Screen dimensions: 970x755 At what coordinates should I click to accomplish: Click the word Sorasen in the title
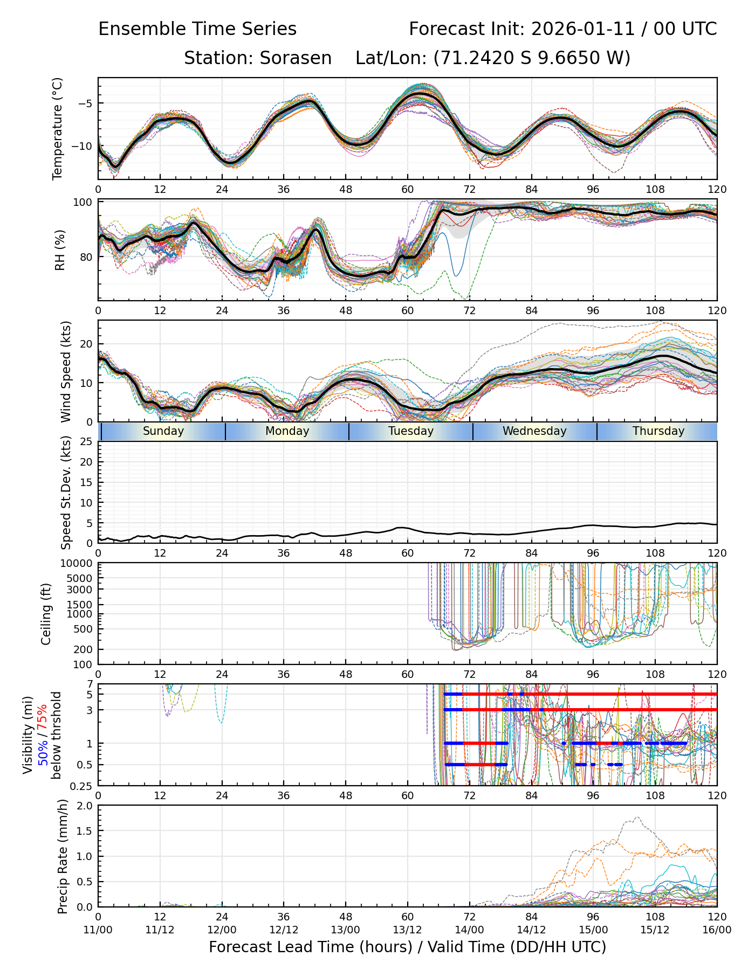[296, 58]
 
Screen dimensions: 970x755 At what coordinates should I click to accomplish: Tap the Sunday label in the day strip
[163, 431]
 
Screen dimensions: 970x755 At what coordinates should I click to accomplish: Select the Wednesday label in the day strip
[534, 431]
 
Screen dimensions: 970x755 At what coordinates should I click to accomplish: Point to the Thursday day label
[658, 431]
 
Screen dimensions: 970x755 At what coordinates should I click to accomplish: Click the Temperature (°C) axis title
[58, 128]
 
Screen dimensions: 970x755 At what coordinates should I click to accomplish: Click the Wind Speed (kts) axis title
[66, 371]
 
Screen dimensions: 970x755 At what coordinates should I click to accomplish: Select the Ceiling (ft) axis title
[46, 614]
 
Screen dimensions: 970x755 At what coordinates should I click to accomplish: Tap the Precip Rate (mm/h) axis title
[63, 856]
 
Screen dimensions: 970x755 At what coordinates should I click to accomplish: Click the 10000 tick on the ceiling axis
[79, 564]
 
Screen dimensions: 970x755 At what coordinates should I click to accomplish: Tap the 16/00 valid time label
[717, 930]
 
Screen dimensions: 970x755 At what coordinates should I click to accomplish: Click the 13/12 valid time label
[407, 930]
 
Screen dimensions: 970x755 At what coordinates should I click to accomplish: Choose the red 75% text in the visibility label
[42, 717]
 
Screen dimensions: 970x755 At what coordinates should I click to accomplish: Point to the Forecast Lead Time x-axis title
[407, 947]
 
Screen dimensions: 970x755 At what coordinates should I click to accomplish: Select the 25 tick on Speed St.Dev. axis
[86, 442]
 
